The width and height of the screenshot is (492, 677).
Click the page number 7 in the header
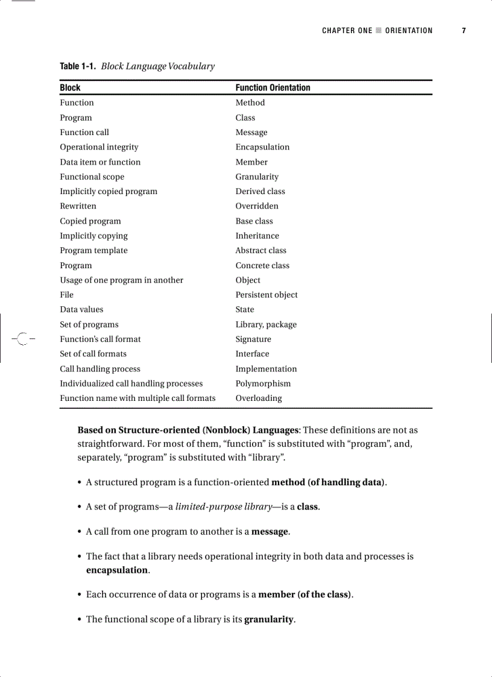tap(464, 31)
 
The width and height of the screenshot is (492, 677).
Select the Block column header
tap(70, 87)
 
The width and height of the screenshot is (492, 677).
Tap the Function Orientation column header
tap(273, 87)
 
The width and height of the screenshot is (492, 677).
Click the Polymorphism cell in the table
tap(263, 383)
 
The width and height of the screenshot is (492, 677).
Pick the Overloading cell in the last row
tap(259, 398)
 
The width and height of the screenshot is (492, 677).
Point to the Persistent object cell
tap(266, 295)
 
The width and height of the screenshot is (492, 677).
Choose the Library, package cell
tap(266, 324)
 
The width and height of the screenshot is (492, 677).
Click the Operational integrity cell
tap(99, 147)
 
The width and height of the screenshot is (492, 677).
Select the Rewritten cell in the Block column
tap(78, 206)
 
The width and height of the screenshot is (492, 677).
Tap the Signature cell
tap(253, 339)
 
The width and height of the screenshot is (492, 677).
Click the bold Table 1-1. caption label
tap(78, 66)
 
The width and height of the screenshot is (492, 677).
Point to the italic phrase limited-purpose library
tap(223, 506)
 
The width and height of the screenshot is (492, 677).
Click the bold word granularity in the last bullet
tap(269, 619)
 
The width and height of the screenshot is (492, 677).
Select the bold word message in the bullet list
tap(270, 531)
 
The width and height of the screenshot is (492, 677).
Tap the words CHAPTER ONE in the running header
tap(347, 31)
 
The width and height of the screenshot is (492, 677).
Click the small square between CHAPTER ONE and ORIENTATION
tap(379, 31)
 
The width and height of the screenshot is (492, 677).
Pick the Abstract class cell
tap(261, 250)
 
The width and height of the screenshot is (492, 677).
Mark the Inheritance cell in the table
tap(257, 236)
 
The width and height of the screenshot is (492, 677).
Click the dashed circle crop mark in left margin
tap(22, 339)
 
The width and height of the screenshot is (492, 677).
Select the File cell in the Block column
tap(66, 295)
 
